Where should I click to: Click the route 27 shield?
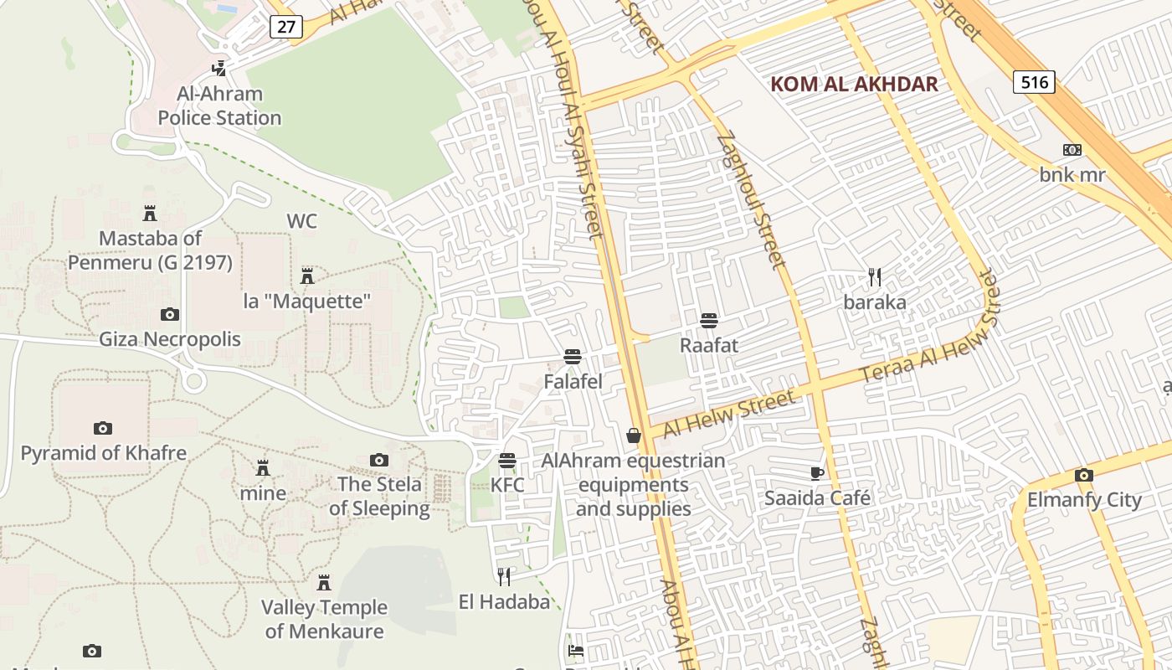coord(286,27)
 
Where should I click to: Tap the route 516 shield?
coord(1034,82)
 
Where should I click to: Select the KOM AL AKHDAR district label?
coord(854,84)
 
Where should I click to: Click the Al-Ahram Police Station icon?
coord(218,68)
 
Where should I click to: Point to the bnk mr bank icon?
coord(1072,150)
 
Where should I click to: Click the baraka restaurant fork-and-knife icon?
coord(875,277)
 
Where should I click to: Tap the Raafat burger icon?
coord(709,321)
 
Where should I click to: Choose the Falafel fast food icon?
coord(573,357)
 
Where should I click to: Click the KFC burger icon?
coord(507,461)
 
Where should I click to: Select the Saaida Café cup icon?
coord(817,473)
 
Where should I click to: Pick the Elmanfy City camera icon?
coord(1083,476)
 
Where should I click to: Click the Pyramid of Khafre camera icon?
coord(103,428)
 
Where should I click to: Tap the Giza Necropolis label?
coord(170,339)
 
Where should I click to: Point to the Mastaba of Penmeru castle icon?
coord(150,213)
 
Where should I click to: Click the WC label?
coord(302,221)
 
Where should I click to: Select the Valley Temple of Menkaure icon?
coord(324,582)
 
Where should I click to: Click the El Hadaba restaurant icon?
coord(504,576)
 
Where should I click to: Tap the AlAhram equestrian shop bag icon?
coord(634,435)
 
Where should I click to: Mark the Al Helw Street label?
coord(728,414)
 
